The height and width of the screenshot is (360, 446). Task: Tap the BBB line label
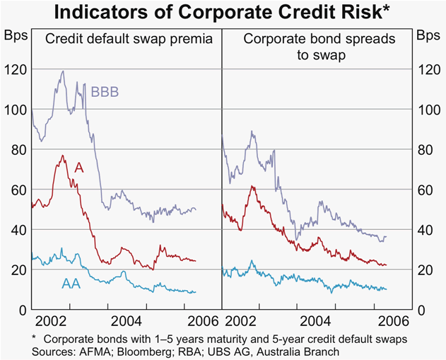(105, 92)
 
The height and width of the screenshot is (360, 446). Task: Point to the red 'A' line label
(79, 167)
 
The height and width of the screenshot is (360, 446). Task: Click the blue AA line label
(71, 284)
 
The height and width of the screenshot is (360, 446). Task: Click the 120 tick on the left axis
(14, 69)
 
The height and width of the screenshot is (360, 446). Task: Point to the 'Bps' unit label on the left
(15, 34)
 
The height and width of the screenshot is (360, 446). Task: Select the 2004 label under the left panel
(125, 319)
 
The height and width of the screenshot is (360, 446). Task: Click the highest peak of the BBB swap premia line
(63, 71)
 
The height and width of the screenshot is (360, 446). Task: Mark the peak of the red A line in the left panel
(62, 156)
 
